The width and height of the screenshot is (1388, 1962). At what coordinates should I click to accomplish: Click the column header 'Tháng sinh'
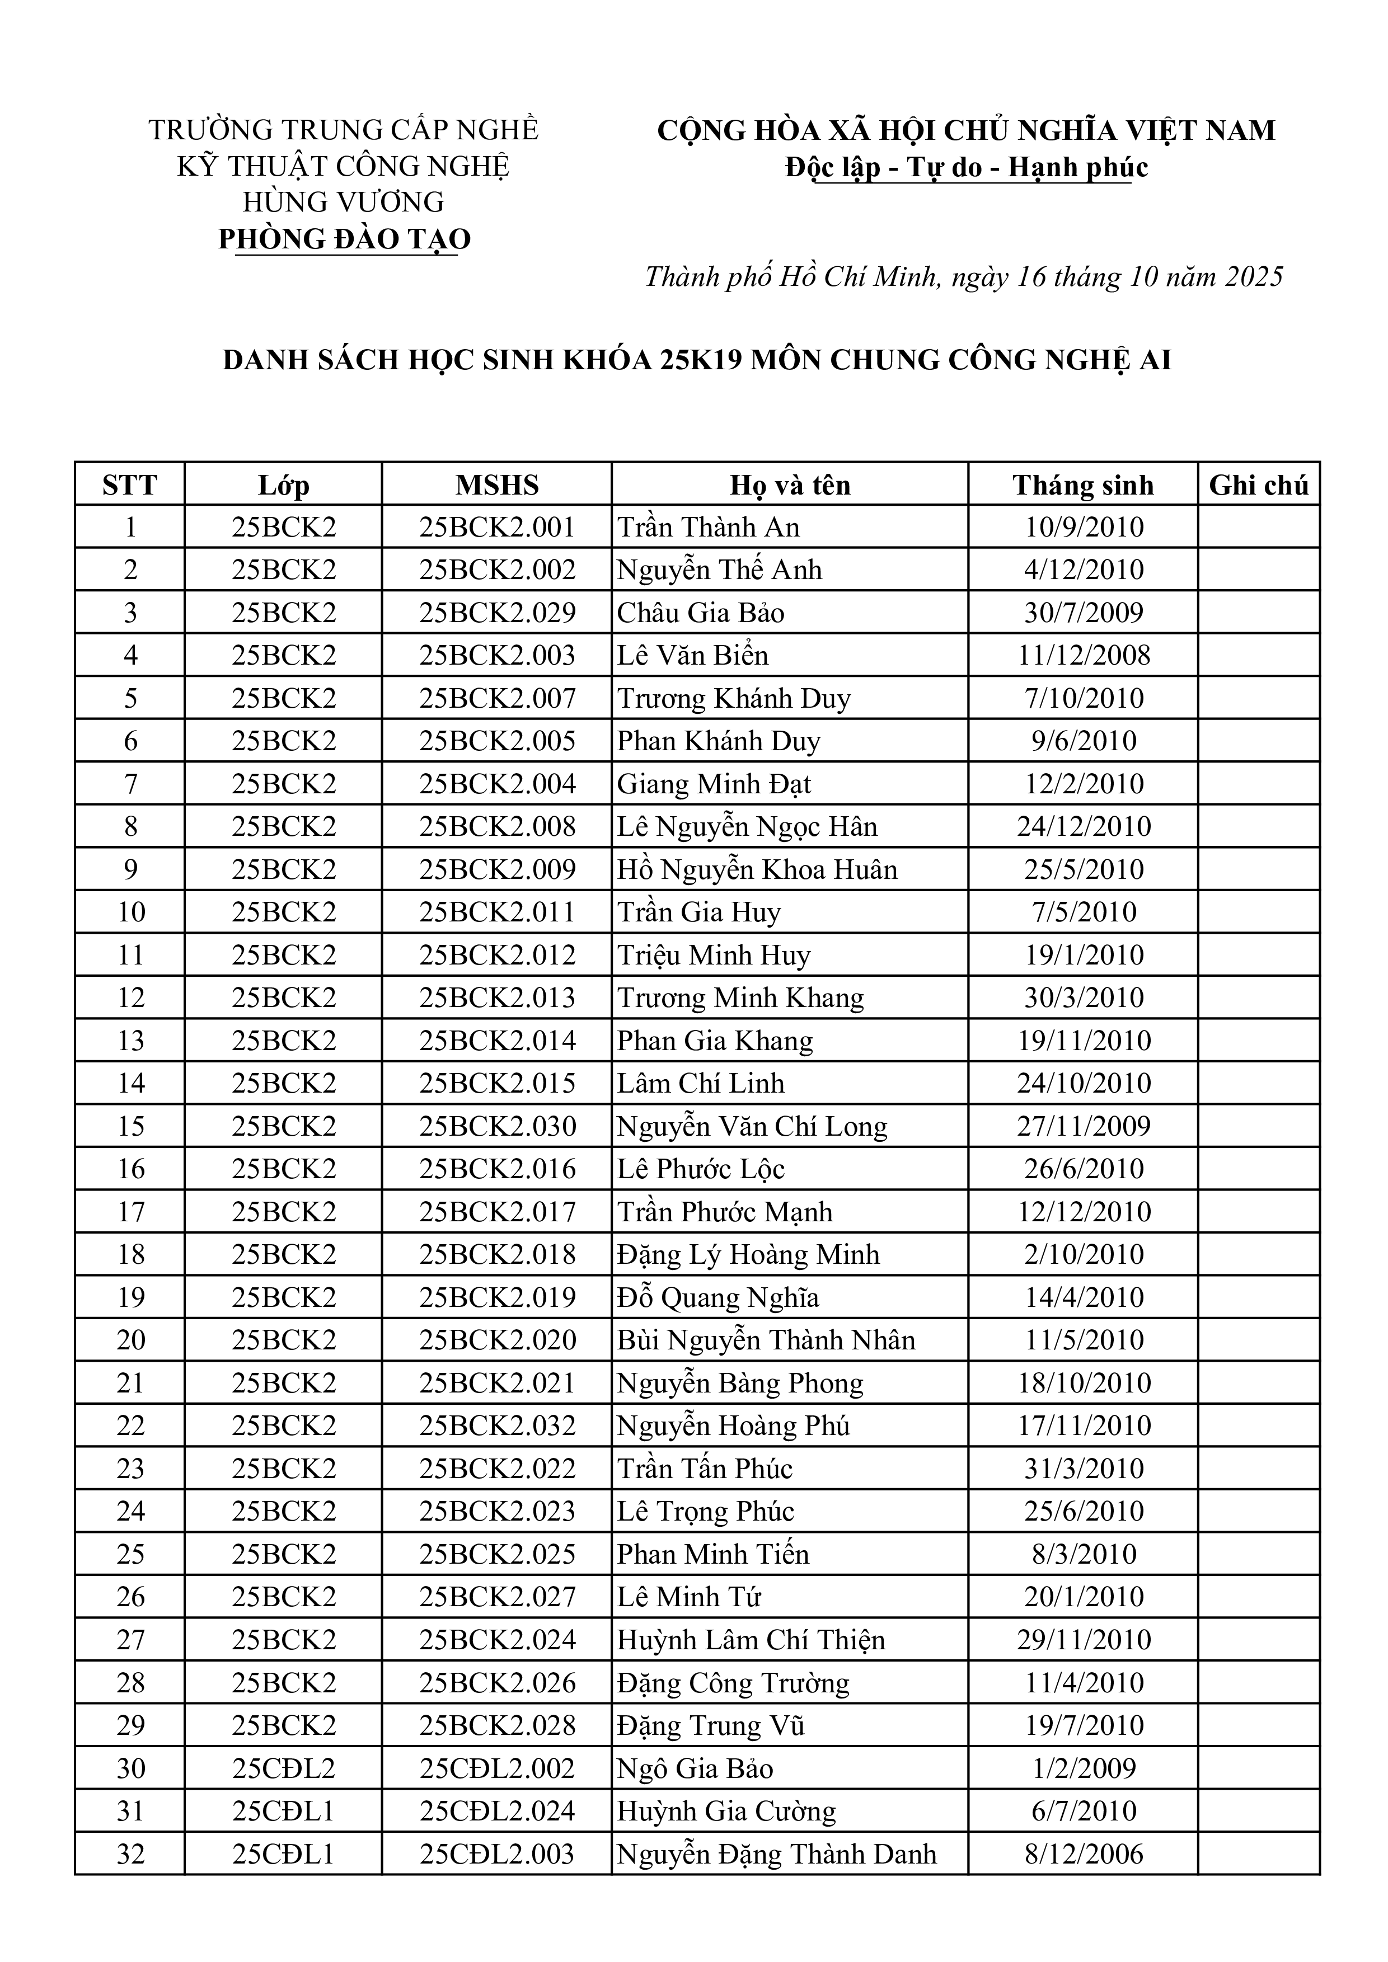[x=1083, y=486]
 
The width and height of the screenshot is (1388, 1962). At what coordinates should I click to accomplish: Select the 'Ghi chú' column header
[x=1258, y=486]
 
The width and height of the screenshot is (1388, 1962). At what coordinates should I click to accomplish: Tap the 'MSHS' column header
[x=496, y=486]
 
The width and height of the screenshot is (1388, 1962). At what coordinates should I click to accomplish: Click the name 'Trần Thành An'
[x=709, y=527]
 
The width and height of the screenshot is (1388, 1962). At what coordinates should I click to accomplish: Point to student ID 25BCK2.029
[x=496, y=613]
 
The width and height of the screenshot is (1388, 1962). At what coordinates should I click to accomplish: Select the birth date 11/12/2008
[x=1084, y=656]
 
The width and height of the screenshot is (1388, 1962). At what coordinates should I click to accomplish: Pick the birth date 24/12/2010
[x=1084, y=826]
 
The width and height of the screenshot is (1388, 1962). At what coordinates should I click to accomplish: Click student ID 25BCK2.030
[x=496, y=1126]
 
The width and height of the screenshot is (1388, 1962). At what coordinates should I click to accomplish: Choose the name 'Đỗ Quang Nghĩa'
[x=718, y=1298]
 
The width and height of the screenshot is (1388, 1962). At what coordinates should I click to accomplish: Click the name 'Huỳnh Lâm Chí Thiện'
[x=751, y=1640]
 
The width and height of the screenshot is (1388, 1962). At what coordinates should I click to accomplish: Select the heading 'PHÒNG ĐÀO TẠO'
[x=344, y=239]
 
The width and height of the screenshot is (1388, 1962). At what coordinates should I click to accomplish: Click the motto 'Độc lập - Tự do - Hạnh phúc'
[x=967, y=167]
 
